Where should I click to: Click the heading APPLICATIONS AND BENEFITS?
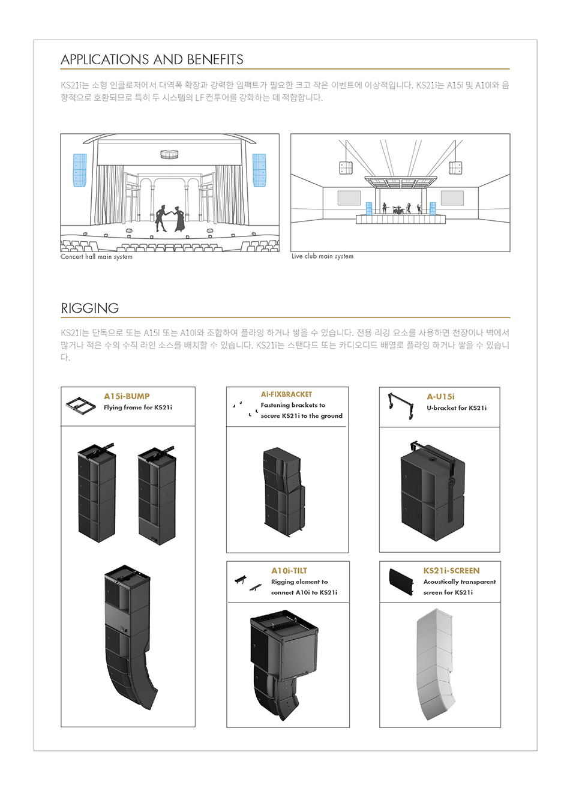tap(152, 59)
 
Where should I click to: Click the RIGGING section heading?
tap(90, 308)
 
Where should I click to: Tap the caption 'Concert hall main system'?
tap(97, 257)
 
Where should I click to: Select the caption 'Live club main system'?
tap(322, 256)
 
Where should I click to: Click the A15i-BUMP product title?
tap(127, 396)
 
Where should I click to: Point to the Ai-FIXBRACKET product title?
tap(286, 394)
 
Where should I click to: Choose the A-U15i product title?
tap(440, 396)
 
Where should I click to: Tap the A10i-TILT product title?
tap(289, 571)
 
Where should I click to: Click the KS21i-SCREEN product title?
tap(451, 571)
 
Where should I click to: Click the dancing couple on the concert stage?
tap(170, 218)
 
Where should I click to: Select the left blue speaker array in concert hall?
tap(80, 170)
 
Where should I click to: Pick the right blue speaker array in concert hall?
tap(259, 170)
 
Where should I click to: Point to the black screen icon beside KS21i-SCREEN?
tap(401, 581)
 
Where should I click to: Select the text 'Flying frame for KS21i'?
tap(137, 408)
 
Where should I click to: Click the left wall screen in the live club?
tap(349, 197)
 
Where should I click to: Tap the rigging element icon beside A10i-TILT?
tap(248, 582)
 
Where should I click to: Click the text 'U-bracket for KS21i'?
tap(457, 408)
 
